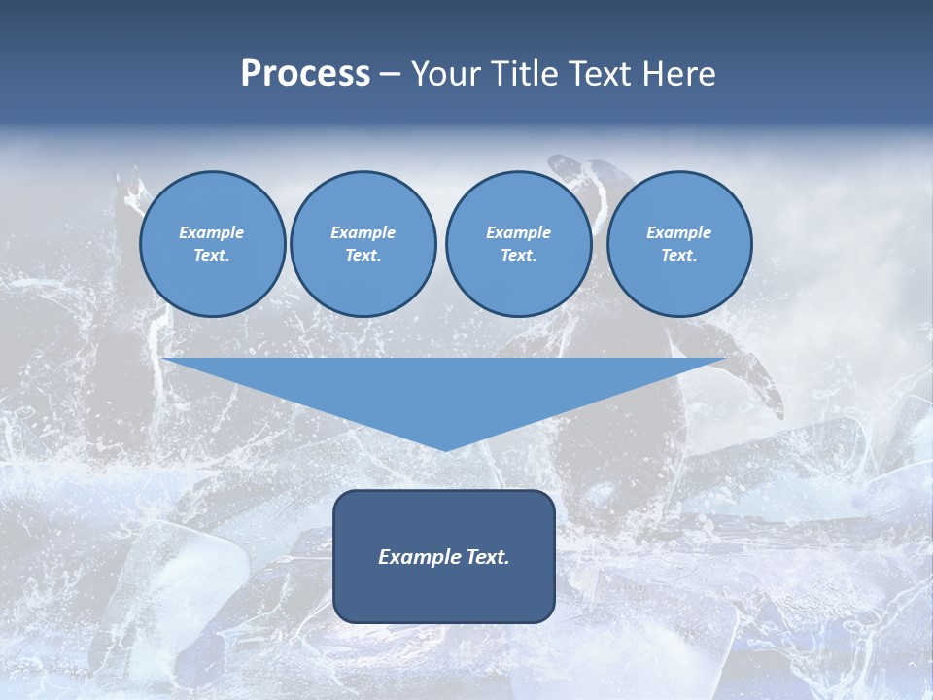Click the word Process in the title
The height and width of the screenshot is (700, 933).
pyautogui.click(x=305, y=74)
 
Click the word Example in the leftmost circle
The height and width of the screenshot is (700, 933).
pyautogui.click(x=212, y=232)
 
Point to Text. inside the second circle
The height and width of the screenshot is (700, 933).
pyautogui.click(x=363, y=256)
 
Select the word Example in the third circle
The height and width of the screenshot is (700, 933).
pyautogui.click(x=518, y=232)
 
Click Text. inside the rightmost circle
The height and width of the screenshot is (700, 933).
pyautogui.click(x=679, y=256)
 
